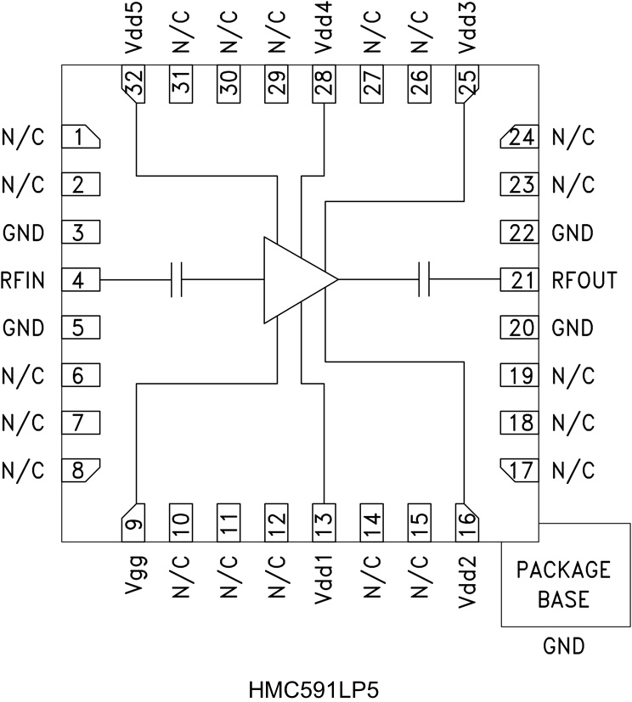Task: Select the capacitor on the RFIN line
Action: pyautogui.click(x=178, y=279)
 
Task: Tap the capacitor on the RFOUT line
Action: pyautogui.click(x=425, y=279)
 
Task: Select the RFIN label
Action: pyautogui.click(x=23, y=279)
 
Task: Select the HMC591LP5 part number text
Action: pyautogui.click(x=317, y=686)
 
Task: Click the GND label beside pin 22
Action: pyautogui.click(x=573, y=232)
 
